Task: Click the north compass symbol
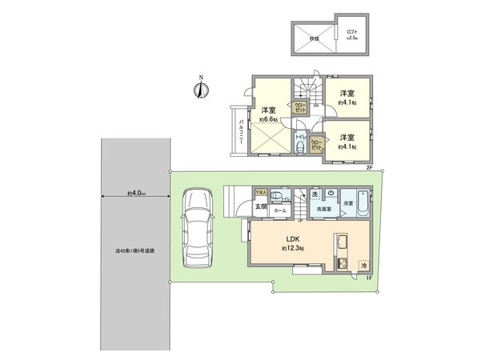click(x=199, y=90)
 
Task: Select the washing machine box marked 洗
click(x=314, y=194)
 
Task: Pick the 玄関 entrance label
click(x=261, y=207)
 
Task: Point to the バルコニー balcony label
click(x=240, y=129)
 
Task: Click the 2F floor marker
click(x=369, y=167)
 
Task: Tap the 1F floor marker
click(x=369, y=278)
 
